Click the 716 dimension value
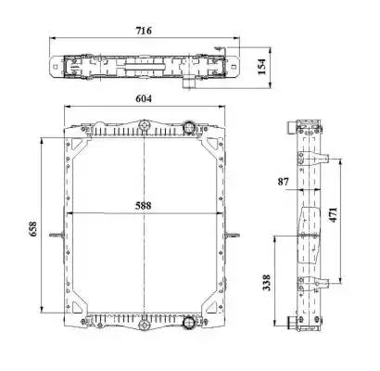(144, 31)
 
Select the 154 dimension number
(261, 66)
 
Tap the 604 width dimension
(144, 98)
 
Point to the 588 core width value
(144, 205)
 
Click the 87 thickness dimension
(283, 182)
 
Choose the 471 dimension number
(333, 215)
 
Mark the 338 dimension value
(266, 283)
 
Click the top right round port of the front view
(188, 127)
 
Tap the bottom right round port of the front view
(188, 323)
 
